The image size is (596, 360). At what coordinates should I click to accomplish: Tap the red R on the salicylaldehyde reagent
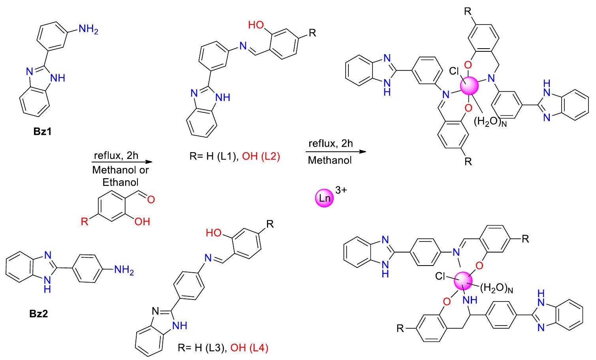(x=85, y=221)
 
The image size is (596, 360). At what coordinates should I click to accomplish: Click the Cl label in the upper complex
(x=455, y=72)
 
